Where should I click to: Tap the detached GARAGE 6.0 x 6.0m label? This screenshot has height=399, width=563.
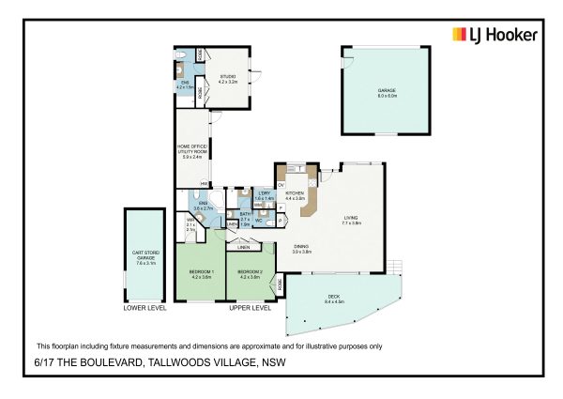[387, 91]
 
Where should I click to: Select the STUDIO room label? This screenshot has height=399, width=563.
[229, 79]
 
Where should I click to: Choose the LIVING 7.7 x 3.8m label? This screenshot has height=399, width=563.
[352, 221]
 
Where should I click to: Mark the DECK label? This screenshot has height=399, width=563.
[334, 300]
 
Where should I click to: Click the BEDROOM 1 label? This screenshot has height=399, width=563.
[201, 274]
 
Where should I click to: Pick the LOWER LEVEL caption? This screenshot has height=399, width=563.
[145, 307]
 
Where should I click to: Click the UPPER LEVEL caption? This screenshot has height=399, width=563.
[251, 307]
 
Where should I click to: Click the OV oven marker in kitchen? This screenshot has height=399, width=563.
[281, 185]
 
